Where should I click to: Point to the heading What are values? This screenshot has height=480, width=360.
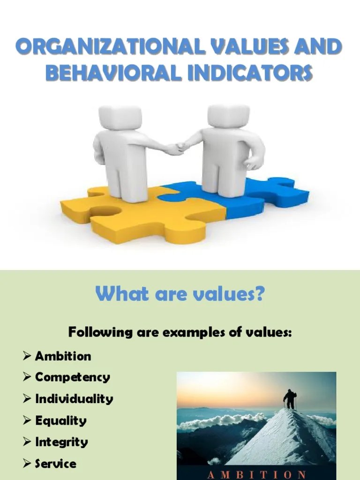180,295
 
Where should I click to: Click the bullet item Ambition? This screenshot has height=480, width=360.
63,356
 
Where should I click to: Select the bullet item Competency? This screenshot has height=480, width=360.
73,377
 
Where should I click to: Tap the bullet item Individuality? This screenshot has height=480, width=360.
74,399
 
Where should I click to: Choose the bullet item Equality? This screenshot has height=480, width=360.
61,420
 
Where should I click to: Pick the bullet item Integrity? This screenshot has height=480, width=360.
61,442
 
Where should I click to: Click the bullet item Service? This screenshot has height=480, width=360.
55,464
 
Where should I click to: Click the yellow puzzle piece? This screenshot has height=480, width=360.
141,216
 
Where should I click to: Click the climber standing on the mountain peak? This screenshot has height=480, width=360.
290,398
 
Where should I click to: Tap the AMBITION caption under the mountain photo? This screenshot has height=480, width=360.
256,473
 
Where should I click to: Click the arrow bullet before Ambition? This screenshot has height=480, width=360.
27,356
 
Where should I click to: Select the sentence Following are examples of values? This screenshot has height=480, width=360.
180,333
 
